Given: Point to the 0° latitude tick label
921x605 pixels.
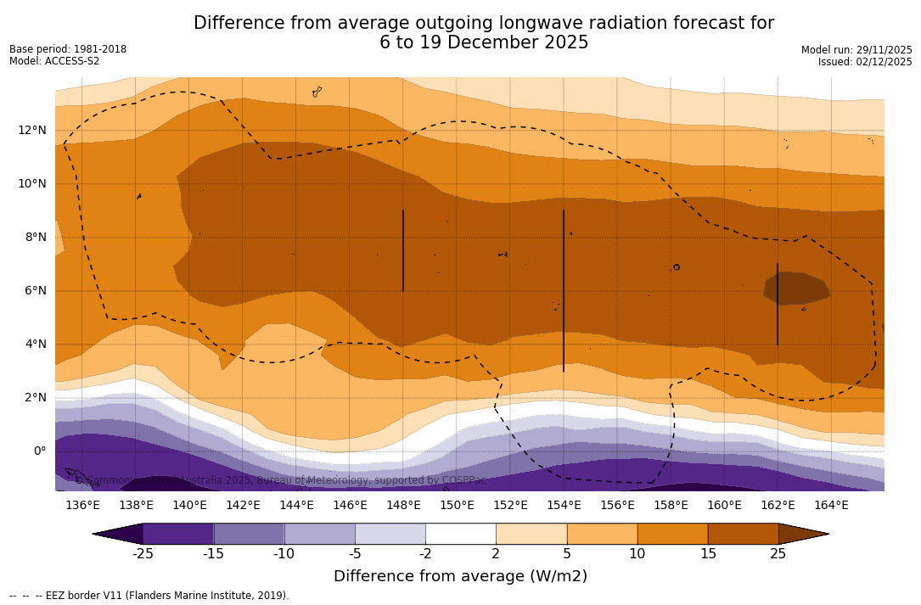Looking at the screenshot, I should (x=40, y=451).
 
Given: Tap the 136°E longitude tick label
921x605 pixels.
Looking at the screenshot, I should (x=82, y=505).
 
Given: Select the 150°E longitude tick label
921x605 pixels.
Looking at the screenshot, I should (x=457, y=505).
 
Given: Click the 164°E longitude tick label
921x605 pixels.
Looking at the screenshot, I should (x=831, y=505).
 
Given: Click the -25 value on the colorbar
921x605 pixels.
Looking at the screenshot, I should (x=143, y=554).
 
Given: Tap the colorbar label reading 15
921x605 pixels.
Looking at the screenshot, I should (x=708, y=554).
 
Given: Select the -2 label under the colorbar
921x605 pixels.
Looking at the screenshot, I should (x=425, y=554).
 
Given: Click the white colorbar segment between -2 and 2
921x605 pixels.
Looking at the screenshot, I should (x=461, y=534).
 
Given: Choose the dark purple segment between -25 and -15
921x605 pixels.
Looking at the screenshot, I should (x=178, y=534).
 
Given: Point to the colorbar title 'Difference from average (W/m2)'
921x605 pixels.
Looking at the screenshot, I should (x=460, y=576).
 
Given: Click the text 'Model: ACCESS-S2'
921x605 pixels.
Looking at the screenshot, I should (x=54, y=61).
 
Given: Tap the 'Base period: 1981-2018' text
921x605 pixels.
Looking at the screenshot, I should (x=68, y=49).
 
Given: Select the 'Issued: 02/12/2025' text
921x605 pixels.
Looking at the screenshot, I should (x=865, y=62).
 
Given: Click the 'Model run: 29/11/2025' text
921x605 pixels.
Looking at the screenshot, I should (x=856, y=50).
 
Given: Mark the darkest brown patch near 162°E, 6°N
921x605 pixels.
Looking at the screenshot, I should (x=796, y=287).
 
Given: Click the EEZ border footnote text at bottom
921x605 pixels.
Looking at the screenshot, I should (x=149, y=596).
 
